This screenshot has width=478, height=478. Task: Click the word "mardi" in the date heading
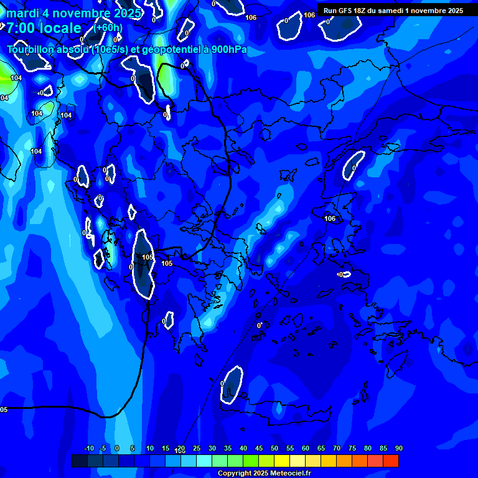(22, 13)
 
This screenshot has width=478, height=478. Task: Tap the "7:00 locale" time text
(44, 28)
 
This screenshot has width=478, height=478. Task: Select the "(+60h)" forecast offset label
(108, 27)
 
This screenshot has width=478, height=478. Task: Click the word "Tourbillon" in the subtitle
(31, 50)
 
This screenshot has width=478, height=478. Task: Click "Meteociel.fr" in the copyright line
(290, 474)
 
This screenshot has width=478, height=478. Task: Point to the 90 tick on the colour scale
(398, 449)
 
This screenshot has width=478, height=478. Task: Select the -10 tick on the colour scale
(88, 449)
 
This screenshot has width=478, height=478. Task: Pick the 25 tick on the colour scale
(197, 449)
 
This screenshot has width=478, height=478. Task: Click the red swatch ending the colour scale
(390, 461)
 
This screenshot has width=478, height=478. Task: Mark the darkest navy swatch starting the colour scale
(80, 461)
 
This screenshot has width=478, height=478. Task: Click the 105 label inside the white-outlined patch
(148, 257)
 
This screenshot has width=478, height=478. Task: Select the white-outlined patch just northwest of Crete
(232, 384)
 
